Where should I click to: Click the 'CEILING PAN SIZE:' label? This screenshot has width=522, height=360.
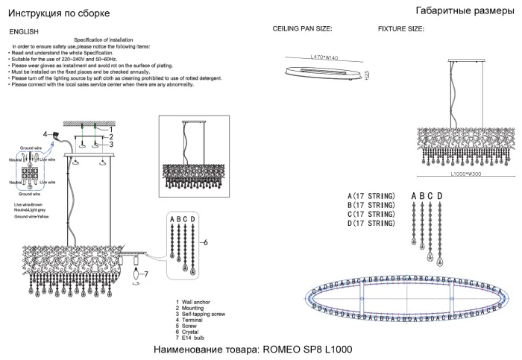click(302, 29)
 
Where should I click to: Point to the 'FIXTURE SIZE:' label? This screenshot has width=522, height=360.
click(401, 29)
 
